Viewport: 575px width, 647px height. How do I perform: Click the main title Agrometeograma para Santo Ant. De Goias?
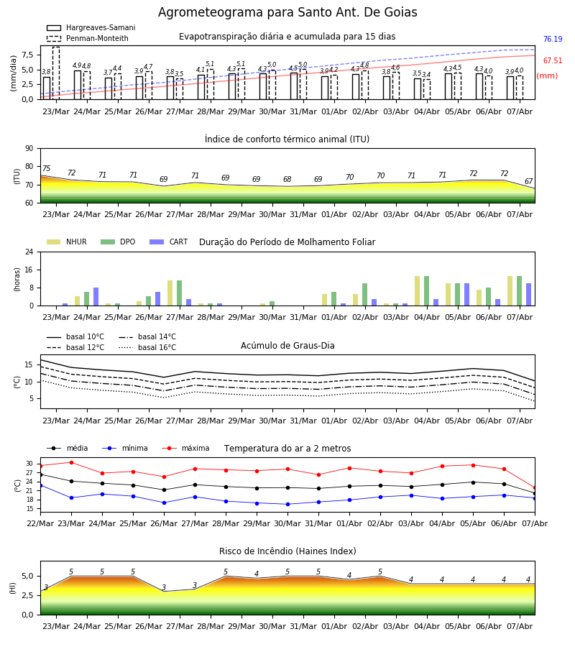point(287,12)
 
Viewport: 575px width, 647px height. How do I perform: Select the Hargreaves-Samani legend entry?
point(91,27)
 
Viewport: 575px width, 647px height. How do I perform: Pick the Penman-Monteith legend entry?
point(88,38)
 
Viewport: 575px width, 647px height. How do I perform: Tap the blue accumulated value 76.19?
point(553,40)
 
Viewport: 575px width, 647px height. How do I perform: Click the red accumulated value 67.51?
point(553,60)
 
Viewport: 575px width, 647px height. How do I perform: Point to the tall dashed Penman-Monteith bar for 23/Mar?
point(56,73)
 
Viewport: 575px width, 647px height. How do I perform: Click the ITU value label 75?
point(46,168)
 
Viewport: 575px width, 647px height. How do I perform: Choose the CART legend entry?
point(168,242)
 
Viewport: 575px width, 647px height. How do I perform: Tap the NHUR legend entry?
point(66,242)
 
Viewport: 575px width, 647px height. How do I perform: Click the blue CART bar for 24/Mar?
point(96,297)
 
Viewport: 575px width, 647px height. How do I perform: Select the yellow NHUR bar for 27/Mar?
point(170,293)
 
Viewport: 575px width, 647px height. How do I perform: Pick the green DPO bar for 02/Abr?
point(364,295)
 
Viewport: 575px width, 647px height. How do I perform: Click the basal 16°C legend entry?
point(147,347)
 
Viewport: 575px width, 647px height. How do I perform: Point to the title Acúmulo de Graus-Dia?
point(287,346)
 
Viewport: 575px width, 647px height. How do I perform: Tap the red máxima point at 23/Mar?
point(71,462)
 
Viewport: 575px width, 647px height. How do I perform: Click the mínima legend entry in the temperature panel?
point(125,448)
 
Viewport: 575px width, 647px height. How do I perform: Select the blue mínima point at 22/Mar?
point(40,486)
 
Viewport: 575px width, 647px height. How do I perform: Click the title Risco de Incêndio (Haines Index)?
point(287,551)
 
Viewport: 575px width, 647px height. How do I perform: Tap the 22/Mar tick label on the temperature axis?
point(40,523)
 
